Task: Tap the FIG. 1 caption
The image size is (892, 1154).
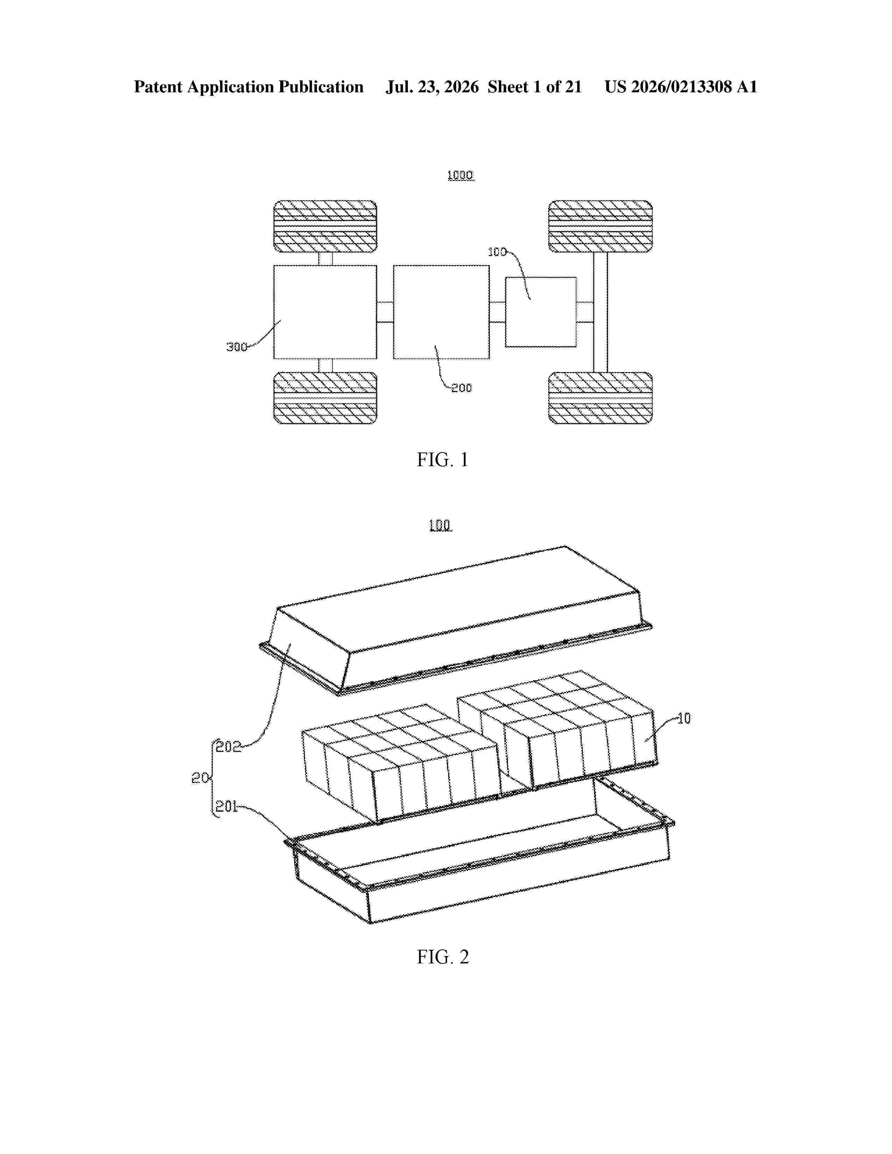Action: click(442, 460)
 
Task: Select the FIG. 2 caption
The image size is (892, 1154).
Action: click(442, 957)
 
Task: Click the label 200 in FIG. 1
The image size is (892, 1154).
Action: click(461, 388)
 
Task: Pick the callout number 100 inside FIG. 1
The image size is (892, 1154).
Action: click(497, 252)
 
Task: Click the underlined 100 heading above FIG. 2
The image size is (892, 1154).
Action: click(440, 525)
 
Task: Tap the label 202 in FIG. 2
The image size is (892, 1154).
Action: click(228, 747)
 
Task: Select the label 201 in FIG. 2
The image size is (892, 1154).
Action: click(227, 807)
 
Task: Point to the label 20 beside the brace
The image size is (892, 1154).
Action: click(200, 778)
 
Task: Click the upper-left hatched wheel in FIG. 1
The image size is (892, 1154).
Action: click(325, 227)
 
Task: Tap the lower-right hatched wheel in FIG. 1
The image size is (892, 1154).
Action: click(600, 398)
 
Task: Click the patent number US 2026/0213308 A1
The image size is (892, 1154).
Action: click(681, 87)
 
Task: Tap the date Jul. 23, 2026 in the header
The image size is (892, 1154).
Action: click(432, 87)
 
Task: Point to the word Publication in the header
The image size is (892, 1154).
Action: click(321, 87)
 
